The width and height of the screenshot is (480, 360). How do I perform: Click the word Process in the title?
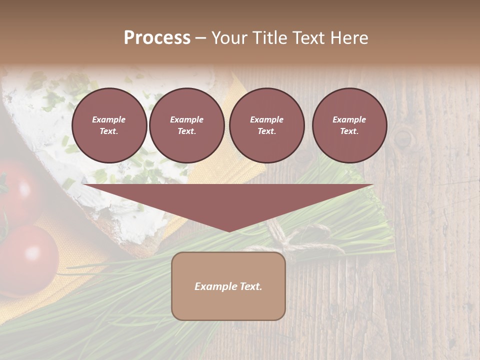click(x=157, y=38)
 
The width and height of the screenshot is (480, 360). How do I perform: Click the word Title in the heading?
click(x=268, y=38)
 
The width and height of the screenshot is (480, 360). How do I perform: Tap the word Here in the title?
click(x=348, y=38)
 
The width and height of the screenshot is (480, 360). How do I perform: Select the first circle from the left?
click(x=109, y=125)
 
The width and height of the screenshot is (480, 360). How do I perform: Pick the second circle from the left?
click(x=186, y=125)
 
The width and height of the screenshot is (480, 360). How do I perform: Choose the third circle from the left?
click(x=266, y=125)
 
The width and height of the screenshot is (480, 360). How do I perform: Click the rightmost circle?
click(x=349, y=125)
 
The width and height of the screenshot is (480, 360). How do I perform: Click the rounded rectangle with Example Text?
click(x=228, y=286)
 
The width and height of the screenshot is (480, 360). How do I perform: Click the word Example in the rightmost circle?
click(x=349, y=119)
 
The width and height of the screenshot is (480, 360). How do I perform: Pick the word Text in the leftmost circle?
click(x=108, y=131)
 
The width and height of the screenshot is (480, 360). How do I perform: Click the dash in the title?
click(x=200, y=38)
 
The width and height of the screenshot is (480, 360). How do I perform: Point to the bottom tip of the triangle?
click(x=228, y=231)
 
